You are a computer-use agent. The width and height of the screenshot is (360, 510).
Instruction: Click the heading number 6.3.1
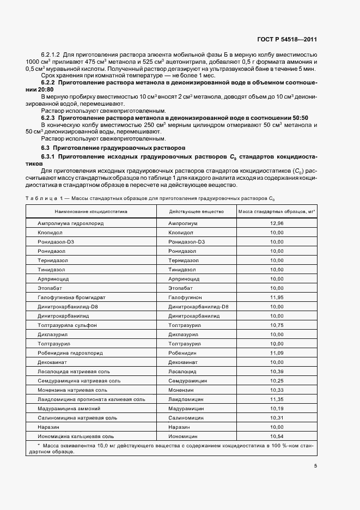[x=51, y=156]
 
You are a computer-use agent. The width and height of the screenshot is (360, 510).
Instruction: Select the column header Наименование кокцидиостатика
[x=90, y=211]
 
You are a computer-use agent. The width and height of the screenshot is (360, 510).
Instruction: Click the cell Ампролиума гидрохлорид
[x=70, y=223]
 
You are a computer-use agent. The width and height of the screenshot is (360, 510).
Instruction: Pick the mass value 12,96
[x=277, y=223]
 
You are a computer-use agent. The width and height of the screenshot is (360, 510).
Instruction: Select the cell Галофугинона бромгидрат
[x=71, y=297]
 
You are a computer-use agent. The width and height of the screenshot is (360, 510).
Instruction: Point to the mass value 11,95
[x=277, y=297]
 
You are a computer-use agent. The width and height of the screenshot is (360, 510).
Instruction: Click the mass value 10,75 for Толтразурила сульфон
[x=277, y=325]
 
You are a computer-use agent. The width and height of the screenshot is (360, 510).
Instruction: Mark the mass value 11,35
[x=277, y=399]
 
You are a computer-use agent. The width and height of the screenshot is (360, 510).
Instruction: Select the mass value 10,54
[x=277, y=436]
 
